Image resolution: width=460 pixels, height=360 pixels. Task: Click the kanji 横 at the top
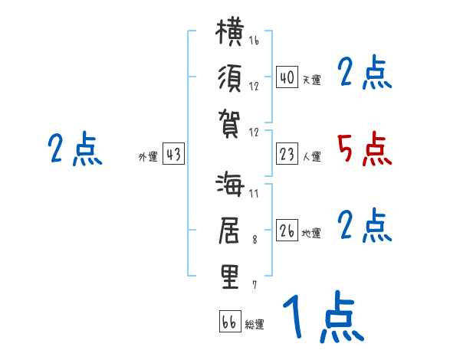230,31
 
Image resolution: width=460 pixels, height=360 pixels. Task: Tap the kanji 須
230,78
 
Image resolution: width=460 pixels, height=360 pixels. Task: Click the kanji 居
229,231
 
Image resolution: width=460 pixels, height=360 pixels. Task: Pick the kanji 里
230,277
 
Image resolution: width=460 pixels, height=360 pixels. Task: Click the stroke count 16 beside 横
254,40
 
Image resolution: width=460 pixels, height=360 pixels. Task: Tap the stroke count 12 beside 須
254,87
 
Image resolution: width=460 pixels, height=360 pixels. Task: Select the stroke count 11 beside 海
254,194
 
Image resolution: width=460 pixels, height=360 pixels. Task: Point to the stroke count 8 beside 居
255,240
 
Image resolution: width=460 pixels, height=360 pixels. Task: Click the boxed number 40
287,77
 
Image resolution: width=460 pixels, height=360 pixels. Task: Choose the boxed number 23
287,154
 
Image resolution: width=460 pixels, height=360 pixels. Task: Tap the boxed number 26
287,230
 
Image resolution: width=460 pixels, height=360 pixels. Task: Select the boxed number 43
173,153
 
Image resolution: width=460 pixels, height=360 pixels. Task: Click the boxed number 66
230,321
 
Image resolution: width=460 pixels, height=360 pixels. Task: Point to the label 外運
148,157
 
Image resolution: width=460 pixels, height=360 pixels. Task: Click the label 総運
255,325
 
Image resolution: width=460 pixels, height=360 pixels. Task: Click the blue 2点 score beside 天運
365,72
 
